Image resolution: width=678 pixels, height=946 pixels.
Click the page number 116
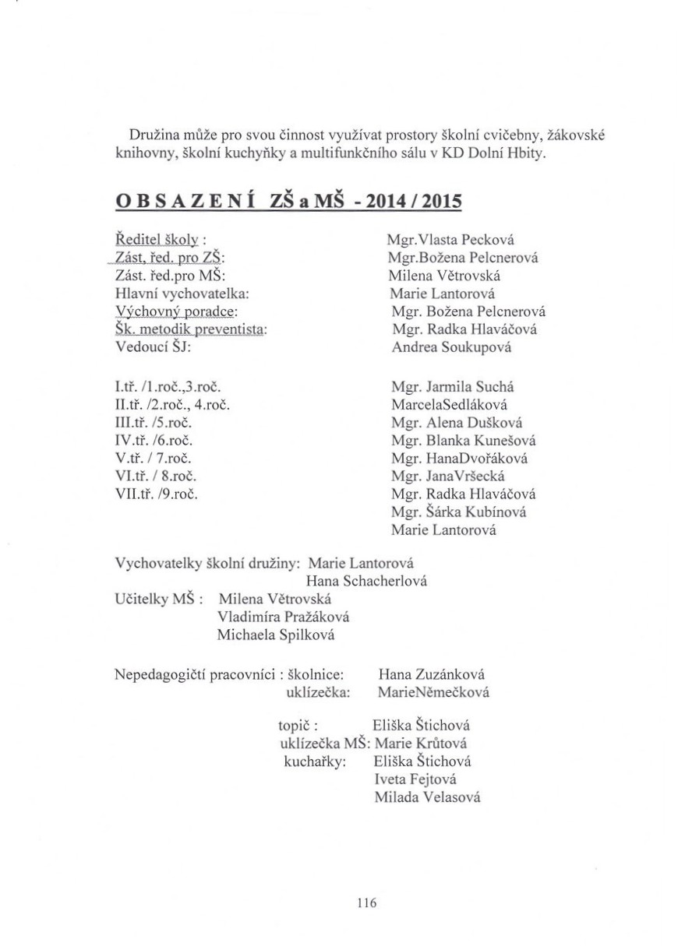366,903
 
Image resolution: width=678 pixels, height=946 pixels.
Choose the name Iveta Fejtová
415,779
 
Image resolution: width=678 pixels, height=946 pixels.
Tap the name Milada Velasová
426,797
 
